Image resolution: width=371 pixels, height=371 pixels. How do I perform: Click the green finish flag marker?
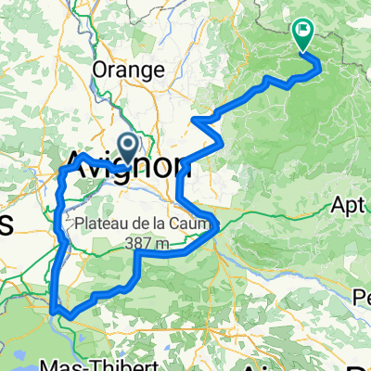(x=303, y=35)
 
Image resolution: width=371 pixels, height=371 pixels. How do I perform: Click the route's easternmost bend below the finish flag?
(x=320, y=65)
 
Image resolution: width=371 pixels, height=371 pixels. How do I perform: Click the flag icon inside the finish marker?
(x=303, y=32)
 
